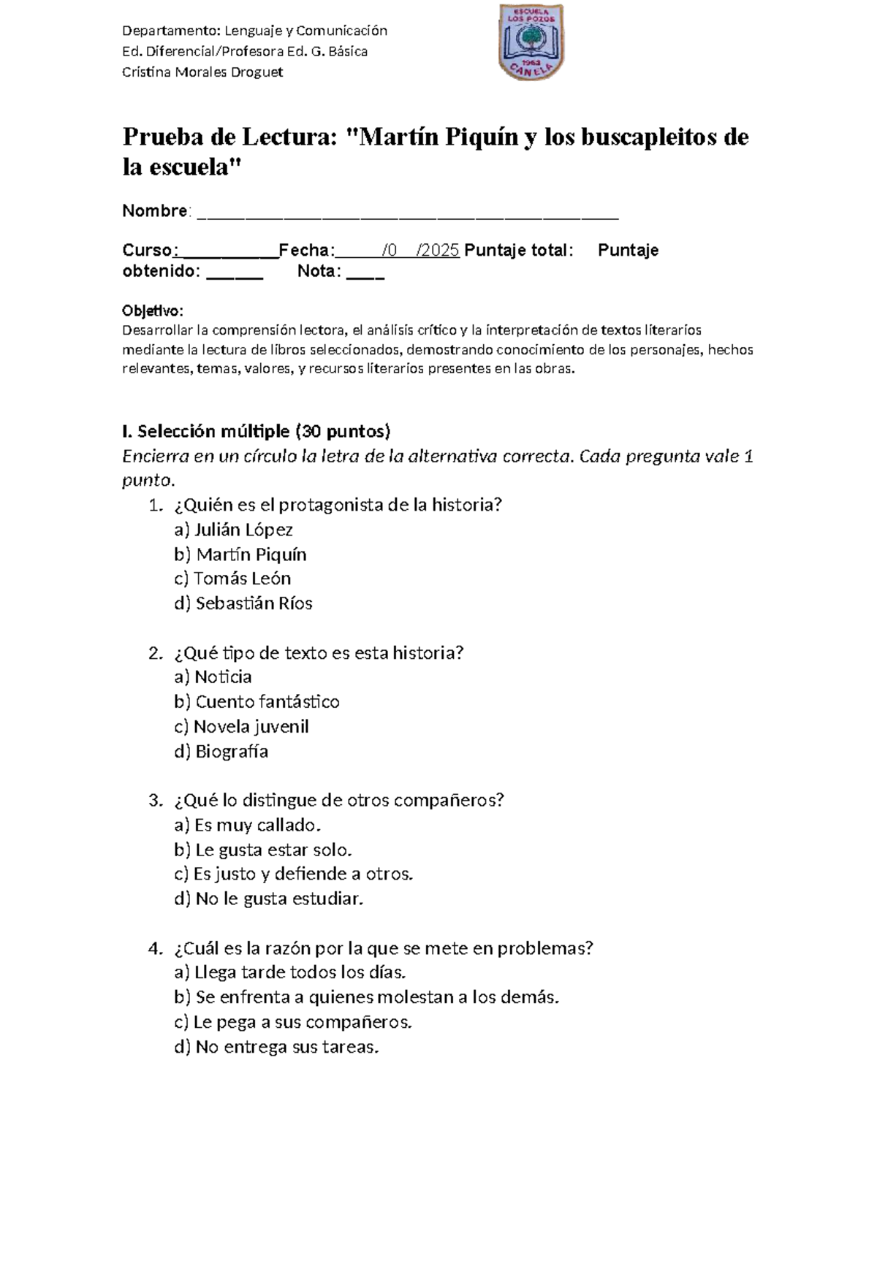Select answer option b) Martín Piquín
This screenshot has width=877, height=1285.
[240, 554]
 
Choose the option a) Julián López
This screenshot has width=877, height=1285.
[233, 530]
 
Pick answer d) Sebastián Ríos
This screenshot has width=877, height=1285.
[243, 603]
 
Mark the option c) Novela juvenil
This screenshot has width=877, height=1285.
[241, 727]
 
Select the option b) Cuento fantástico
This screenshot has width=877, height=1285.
[257, 702]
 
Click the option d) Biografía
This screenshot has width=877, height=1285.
[221, 752]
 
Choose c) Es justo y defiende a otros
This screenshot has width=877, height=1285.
[294, 874]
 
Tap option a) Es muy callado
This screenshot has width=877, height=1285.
[248, 825]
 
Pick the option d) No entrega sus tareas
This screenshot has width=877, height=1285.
[277, 1048]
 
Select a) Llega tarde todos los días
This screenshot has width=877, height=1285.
[289, 973]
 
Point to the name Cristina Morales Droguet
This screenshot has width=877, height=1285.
[202, 72]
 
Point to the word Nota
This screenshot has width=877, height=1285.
[318, 272]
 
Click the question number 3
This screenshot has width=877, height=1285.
[153, 801]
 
